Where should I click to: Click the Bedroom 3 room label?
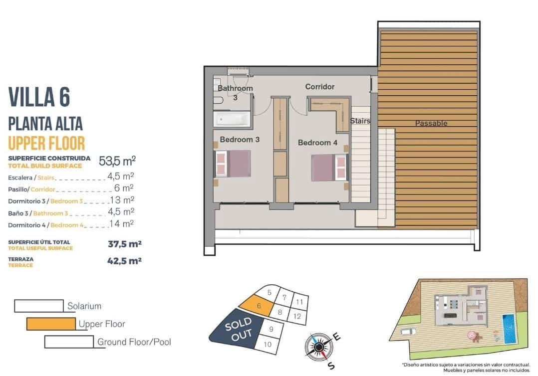(240, 140)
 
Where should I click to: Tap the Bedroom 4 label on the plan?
(317, 143)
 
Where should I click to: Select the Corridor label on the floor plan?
(320, 87)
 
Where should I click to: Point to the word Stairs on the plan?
(360, 121)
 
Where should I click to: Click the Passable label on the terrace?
(431, 123)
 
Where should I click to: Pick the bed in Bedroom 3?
(233, 164)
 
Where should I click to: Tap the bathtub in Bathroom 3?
(231, 119)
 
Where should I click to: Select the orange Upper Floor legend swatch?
(51, 324)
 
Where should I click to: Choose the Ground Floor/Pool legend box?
(69, 342)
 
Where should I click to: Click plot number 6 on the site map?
(259, 307)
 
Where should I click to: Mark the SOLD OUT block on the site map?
(239, 331)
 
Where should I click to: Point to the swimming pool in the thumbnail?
(509, 328)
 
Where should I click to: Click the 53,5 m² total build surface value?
(117, 161)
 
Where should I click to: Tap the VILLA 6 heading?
(39, 97)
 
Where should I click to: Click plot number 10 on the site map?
(267, 344)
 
